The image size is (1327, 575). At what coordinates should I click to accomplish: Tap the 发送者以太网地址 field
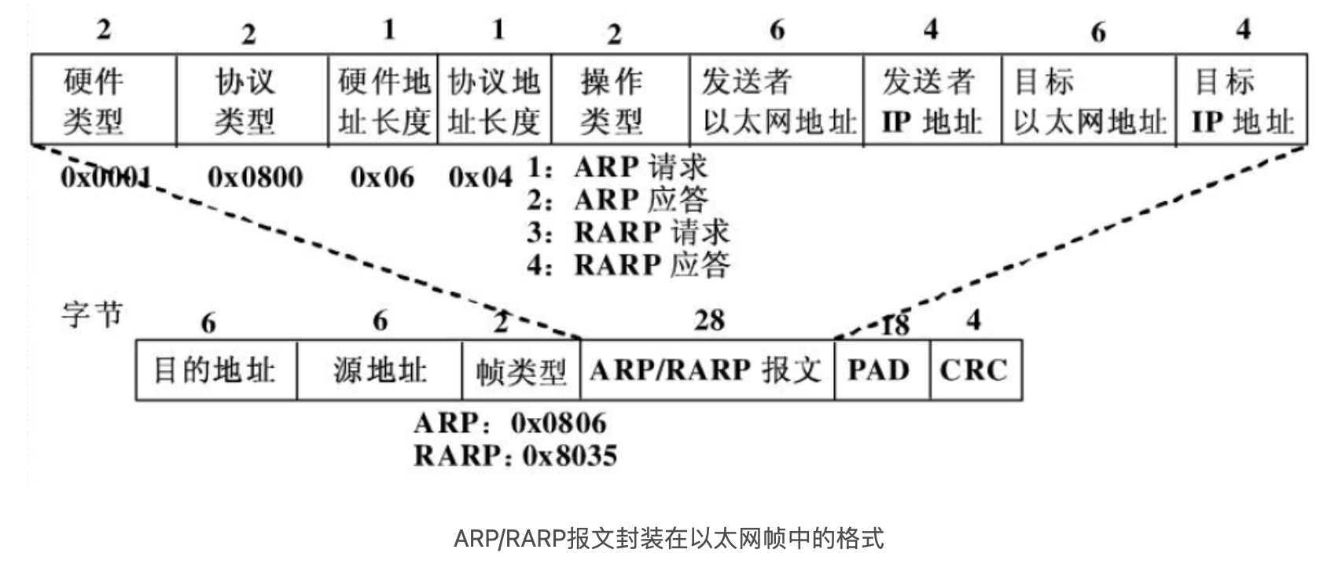tap(776, 101)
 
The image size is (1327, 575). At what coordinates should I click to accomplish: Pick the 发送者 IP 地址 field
tap(932, 101)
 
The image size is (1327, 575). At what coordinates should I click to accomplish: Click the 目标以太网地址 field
tap(1089, 101)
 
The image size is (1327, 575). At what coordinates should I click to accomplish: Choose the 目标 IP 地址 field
tap(1241, 101)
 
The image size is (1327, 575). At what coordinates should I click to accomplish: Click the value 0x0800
tap(255, 177)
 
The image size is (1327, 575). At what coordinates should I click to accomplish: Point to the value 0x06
tap(382, 177)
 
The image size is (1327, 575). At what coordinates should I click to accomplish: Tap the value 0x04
tap(480, 177)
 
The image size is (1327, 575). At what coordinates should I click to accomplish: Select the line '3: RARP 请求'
tap(628, 233)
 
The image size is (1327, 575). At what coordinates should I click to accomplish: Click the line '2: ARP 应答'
tap(617, 200)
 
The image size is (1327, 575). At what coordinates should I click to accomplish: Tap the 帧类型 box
tap(520, 370)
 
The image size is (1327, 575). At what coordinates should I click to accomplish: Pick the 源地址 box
tap(379, 370)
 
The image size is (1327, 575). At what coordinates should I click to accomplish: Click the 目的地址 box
tap(215, 370)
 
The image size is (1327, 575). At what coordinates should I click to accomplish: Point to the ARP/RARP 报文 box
tap(707, 370)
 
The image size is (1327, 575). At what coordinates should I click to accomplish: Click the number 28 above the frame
tap(709, 320)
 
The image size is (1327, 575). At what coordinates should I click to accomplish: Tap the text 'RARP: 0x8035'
tap(515, 456)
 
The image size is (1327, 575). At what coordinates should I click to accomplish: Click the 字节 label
tap(93, 314)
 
